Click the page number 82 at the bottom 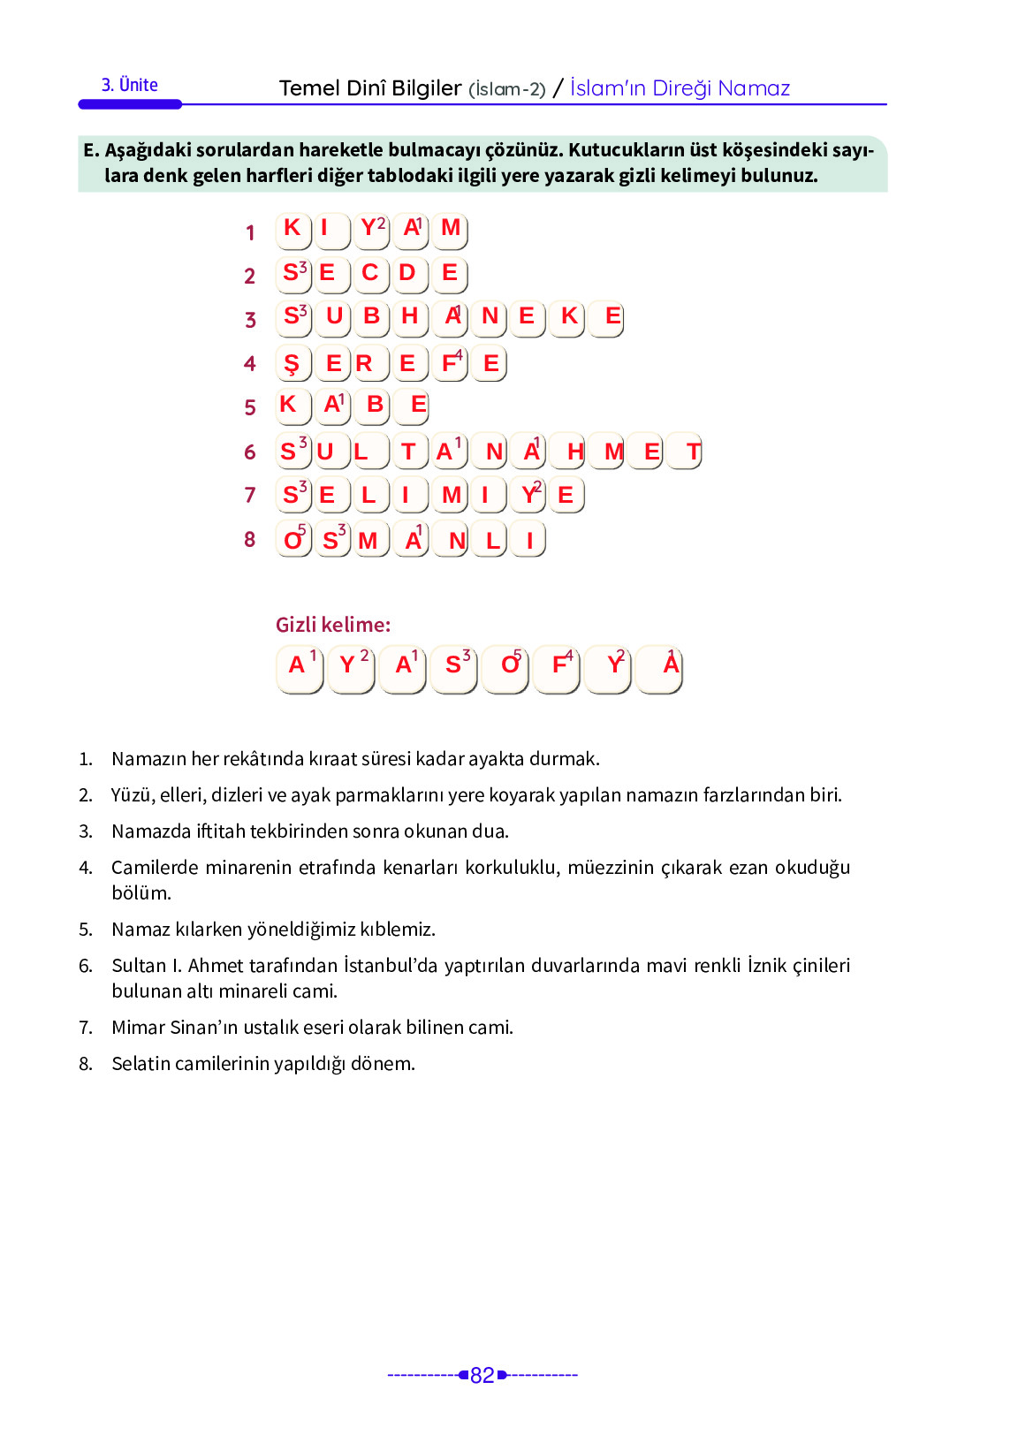[x=482, y=1375]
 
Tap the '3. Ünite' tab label [x=130, y=86]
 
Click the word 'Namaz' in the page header [x=754, y=88]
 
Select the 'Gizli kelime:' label [x=333, y=625]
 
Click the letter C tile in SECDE [x=370, y=274]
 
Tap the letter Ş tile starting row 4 [x=292, y=363]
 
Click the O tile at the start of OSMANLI [x=293, y=539]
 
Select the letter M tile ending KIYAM [x=451, y=230]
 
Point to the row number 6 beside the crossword [x=250, y=452]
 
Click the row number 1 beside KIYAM [x=250, y=232]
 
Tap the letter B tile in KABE [x=375, y=406]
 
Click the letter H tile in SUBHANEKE [x=410, y=317]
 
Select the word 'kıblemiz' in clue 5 [x=396, y=930]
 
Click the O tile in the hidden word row [x=508, y=668]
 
